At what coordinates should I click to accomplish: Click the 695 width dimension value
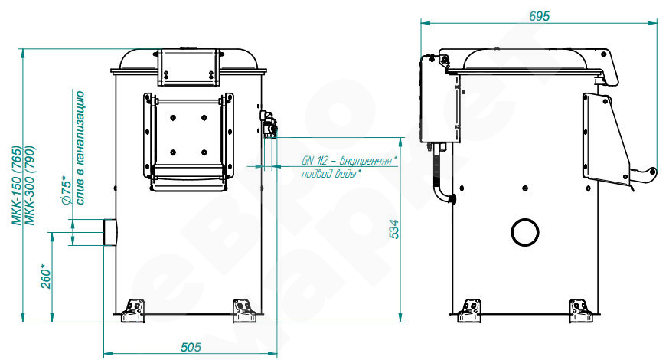click(x=540, y=16)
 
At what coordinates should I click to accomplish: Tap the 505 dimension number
click(x=191, y=347)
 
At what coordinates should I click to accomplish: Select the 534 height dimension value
click(x=395, y=229)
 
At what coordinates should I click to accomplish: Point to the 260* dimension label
click(x=46, y=278)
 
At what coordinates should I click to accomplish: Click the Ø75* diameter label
click(x=66, y=191)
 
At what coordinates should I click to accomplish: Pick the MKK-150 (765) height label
click(x=16, y=185)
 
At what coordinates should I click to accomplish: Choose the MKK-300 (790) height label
click(x=30, y=185)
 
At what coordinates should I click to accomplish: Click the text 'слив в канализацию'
click(x=80, y=148)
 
